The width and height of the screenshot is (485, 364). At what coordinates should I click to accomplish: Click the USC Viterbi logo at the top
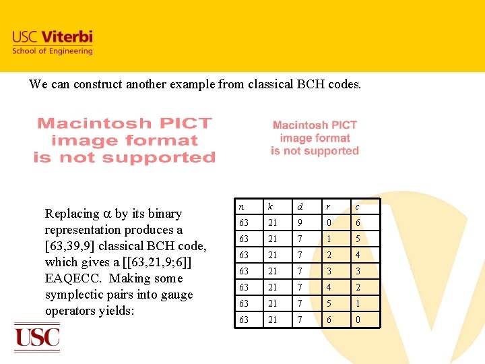tap(52, 42)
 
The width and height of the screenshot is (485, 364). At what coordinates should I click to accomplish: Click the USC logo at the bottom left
tap(37, 336)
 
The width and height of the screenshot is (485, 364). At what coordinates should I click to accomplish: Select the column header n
tap(241, 207)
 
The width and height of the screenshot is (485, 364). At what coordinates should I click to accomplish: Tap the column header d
tap(300, 207)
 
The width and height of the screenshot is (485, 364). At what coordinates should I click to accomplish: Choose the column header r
tap(329, 207)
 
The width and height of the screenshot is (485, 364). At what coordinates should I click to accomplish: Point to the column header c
tap(357, 207)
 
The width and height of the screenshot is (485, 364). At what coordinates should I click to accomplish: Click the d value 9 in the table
tap(300, 223)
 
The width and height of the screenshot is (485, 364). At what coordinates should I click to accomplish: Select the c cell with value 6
tap(358, 223)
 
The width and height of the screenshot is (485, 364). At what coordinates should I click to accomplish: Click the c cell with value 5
tap(358, 239)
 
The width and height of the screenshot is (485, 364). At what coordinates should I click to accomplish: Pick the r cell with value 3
tap(329, 271)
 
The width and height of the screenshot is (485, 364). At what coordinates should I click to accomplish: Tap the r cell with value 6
tap(329, 320)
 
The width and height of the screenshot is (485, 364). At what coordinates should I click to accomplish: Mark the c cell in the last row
tap(358, 320)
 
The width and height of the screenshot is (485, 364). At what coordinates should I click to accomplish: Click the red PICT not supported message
tap(125, 140)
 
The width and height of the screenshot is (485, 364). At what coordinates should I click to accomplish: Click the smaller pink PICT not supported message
tap(315, 138)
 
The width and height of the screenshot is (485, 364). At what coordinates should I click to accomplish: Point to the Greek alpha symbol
tap(106, 214)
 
